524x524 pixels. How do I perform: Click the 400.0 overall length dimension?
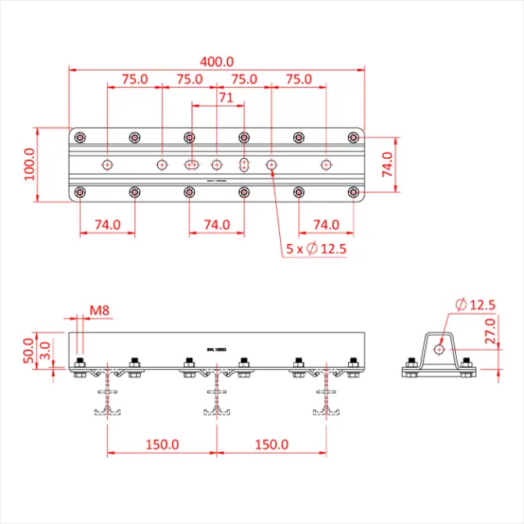[x=216, y=61]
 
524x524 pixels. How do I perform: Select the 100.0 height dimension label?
[x=29, y=164]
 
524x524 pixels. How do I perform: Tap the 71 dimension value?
[x=227, y=97]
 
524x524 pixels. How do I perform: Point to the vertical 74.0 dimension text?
[x=387, y=164]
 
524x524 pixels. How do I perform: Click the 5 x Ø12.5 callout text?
[x=316, y=249]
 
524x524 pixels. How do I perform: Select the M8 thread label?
[x=100, y=310]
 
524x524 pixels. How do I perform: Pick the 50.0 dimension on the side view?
[x=29, y=350]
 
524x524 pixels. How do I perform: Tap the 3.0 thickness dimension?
[x=46, y=353]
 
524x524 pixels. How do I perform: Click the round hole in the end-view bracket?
[x=439, y=350]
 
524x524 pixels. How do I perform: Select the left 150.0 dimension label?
[x=162, y=445]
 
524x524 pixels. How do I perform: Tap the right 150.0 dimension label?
[x=271, y=445]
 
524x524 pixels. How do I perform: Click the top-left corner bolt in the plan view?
[x=80, y=137]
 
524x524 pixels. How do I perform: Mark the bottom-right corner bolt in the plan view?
[x=353, y=192]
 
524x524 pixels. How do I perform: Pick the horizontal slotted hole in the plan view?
[x=191, y=165]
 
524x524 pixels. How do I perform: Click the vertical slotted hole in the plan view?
[x=244, y=165]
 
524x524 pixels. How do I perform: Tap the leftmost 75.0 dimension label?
[x=134, y=79]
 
